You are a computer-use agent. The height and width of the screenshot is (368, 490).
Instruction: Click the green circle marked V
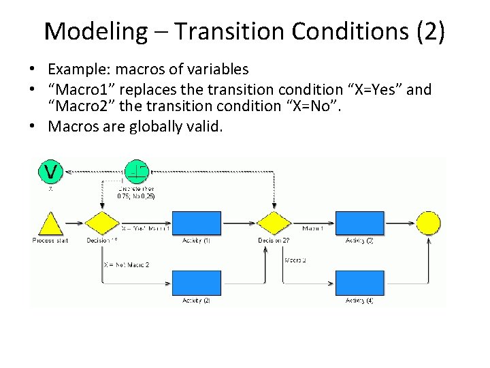(50, 170)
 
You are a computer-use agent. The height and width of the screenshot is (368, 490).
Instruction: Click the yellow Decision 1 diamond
(101, 223)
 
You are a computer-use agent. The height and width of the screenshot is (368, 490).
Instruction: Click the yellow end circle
(428, 222)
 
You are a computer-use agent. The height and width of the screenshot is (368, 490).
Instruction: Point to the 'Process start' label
(48, 241)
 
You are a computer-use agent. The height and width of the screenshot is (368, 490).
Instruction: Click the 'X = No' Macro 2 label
(126, 264)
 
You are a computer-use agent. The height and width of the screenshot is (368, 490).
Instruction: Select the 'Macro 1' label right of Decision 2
(313, 228)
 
